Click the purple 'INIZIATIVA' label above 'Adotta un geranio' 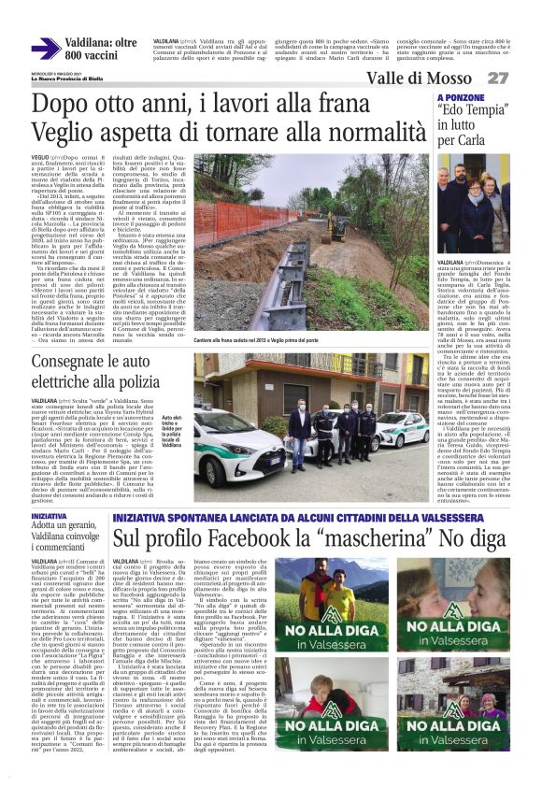(50, 516)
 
